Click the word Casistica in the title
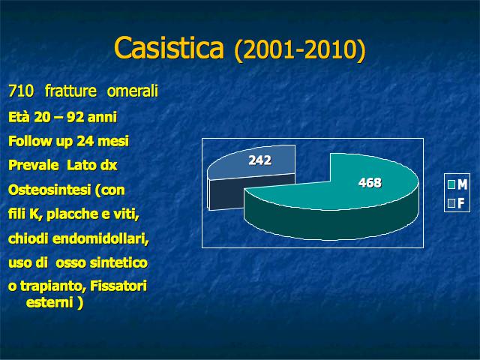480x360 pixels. pyautogui.click(x=169, y=48)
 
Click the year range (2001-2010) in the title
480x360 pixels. pyautogui.click(x=300, y=50)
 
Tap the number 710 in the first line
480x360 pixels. pyautogui.click(x=21, y=91)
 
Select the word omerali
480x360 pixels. pyautogui.click(x=133, y=91)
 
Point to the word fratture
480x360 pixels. pyautogui.click(x=70, y=91)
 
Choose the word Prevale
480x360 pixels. pyautogui.click(x=33, y=166)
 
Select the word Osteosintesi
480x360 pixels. pyautogui.click(x=49, y=190)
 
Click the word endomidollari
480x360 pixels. pyautogui.click(x=100, y=238)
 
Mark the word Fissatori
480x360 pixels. pyautogui.click(x=118, y=286)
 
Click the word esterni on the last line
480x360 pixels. pyautogui.click(x=49, y=303)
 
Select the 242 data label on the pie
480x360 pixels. pyautogui.click(x=260, y=160)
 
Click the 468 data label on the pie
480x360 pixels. pyautogui.click(x=370, y=183)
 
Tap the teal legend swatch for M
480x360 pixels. pyautogui.click(x=451, y=184)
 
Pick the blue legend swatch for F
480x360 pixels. pyautogui.click(x=451, y=203)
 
